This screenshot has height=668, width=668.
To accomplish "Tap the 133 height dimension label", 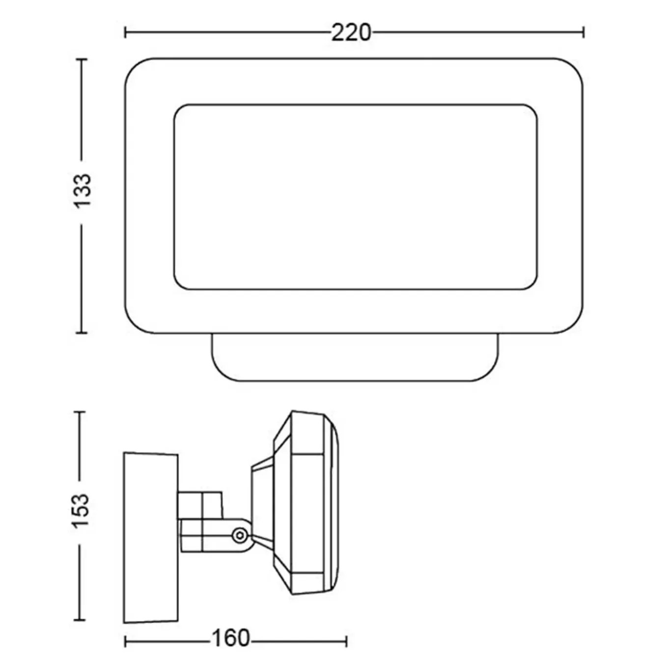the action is [x=83, y=192].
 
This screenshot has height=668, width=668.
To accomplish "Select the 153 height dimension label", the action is [x=81, y=510].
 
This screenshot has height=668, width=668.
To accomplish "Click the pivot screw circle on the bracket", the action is [x=239, y=535].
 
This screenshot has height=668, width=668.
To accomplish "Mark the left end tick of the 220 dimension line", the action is [x=125, y=33].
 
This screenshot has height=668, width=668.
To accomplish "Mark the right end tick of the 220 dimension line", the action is [x=584, y=33].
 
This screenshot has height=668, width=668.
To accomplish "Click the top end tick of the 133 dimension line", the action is [x=82, y=59].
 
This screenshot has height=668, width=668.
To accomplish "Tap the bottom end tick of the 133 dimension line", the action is [x=82, y=333].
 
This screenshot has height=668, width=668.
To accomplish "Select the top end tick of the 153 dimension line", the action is [x=80, y=412].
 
